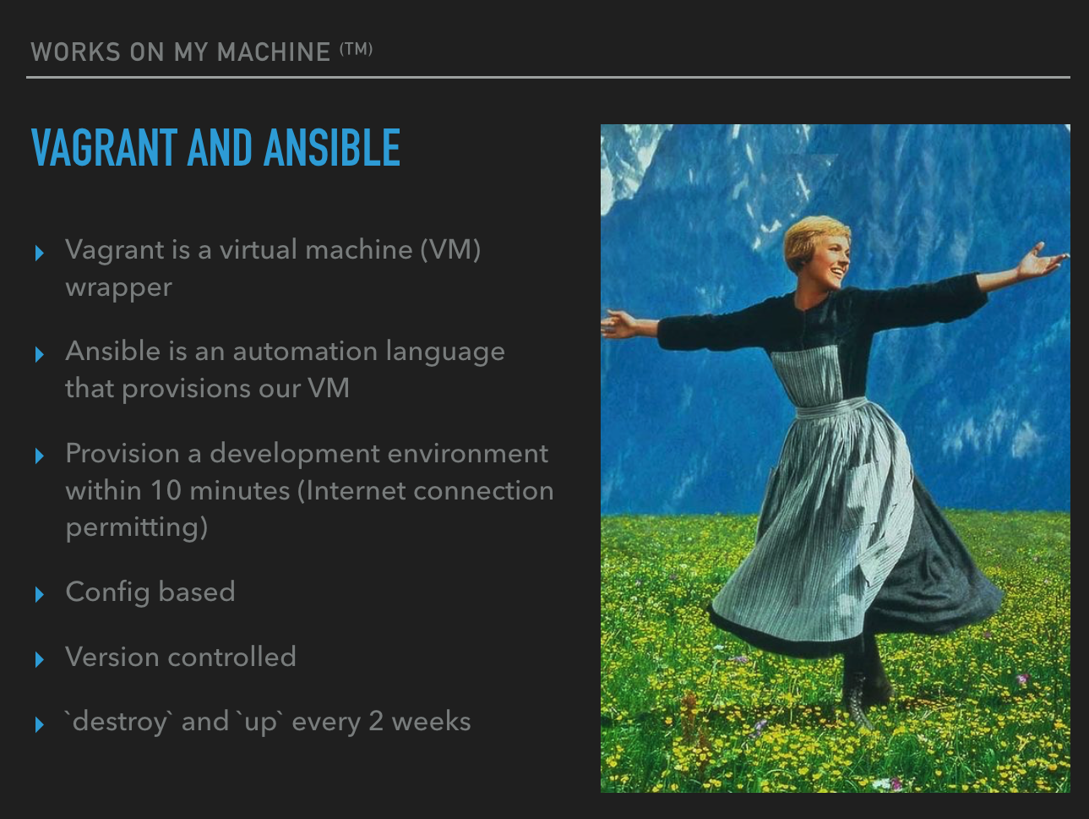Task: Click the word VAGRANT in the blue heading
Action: point(104,147)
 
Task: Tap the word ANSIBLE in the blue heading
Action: point(332,147)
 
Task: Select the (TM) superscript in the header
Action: point(357,49)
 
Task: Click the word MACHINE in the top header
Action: point(274,52)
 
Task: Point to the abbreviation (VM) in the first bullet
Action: point(450,249)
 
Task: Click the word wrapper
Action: point(118,288)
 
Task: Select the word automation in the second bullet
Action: point(305,351)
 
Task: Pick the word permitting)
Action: point(136,527)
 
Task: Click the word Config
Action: point(107,592)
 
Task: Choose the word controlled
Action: point(231,657)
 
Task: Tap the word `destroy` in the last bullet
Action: point(118,722)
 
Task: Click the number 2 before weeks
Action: point(376,722)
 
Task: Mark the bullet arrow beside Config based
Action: point(40,594)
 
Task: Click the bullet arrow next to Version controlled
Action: point(40,659)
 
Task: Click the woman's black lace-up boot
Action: point(857,701)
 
